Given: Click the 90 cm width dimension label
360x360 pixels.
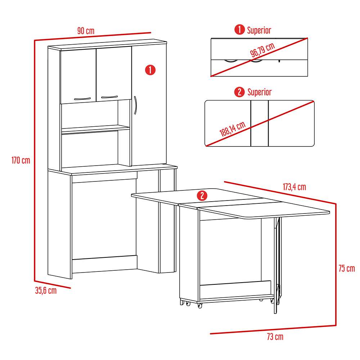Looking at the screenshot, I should coord(86,31).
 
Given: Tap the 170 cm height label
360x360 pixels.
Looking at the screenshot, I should coord(21,160).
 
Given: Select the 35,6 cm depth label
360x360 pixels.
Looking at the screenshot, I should coord(46,291).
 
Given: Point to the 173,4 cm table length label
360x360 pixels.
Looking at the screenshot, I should coord(294,187).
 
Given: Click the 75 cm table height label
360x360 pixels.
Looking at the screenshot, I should coord(347,268).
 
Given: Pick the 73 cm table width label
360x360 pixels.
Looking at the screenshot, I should coord(275,337).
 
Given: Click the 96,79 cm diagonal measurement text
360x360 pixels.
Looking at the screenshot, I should coord(262,50).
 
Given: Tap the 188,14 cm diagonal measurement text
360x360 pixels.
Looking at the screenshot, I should coord(233,129).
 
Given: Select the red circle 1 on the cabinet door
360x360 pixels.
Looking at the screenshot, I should coord(150,70).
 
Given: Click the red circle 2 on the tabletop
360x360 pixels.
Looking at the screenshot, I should coord(202,195).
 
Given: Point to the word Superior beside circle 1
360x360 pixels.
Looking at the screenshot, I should coord(259,30).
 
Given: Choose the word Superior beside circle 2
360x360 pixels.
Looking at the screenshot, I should coord(259,92).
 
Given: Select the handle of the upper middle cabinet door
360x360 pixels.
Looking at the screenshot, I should coord(109,96).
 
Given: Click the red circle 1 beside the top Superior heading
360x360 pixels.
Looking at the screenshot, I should coord(239,30).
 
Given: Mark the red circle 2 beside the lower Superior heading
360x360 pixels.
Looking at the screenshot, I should coord(239,92).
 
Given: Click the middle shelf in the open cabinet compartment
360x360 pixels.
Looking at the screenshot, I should coord(95,129).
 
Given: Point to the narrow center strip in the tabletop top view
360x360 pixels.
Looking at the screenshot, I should coord(260,123).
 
